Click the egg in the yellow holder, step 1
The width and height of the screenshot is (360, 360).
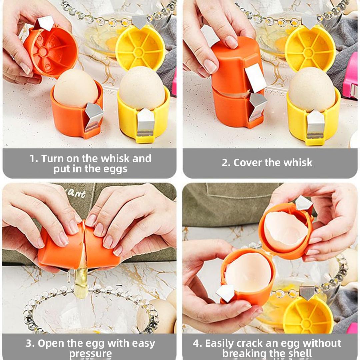(x=142, y=88)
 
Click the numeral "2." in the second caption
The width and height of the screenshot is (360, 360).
(x=226, y=163)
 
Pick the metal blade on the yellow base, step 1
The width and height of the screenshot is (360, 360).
(x=146, y=122)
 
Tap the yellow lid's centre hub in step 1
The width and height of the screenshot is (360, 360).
(x=138, y=52)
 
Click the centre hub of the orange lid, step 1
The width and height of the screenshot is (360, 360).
(x=43, y=51)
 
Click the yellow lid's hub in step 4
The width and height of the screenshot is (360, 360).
(x=306, y=323)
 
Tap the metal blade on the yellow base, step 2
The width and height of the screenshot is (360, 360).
(x=315, y=124)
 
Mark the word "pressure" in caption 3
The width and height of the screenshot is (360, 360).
(x=90, y=354)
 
